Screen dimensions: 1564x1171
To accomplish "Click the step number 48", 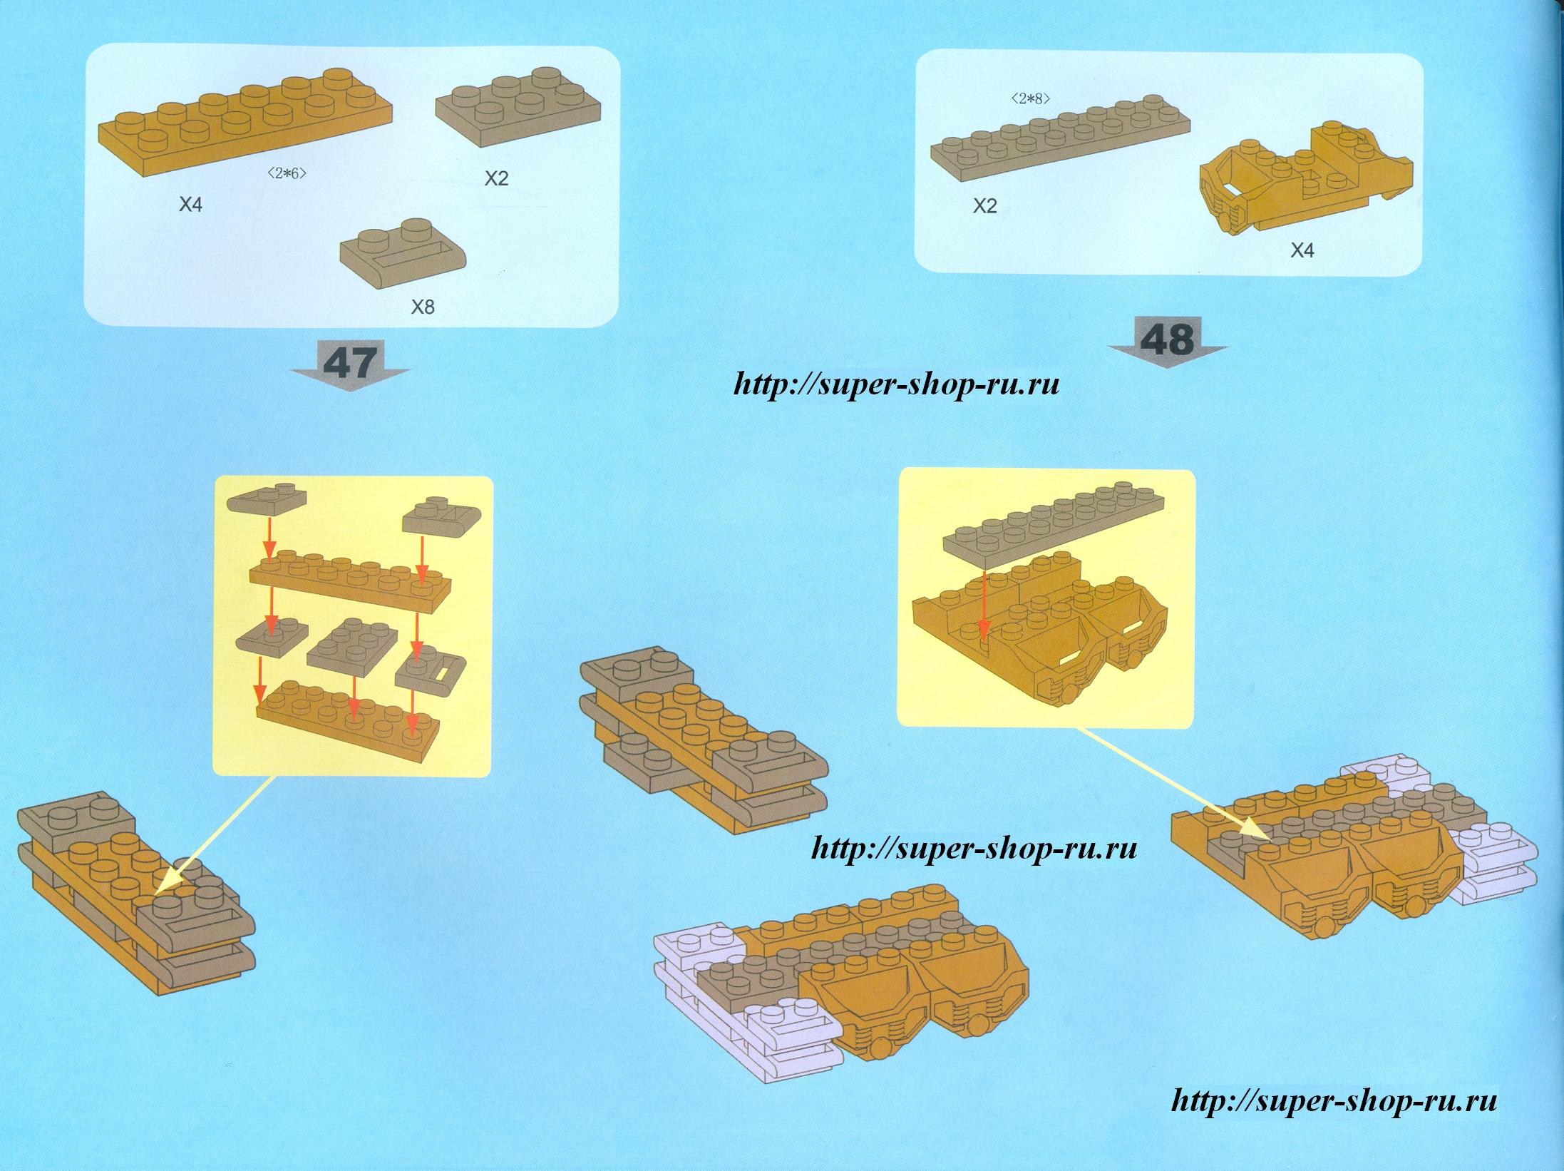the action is click(x=1168, y=340).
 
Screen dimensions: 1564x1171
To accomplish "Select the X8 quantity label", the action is click(x=423, y=307).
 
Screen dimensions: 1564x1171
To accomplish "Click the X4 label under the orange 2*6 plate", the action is click(x=190, y=205).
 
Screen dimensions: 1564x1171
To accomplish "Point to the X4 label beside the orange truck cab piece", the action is click(x=1302, y=251).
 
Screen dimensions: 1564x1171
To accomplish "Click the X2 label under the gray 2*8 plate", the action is click(x=985, y=207).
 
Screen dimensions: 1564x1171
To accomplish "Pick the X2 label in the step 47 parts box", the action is click(x=496, y=178).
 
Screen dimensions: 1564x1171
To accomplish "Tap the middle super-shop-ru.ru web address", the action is click(x=974, y=849).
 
